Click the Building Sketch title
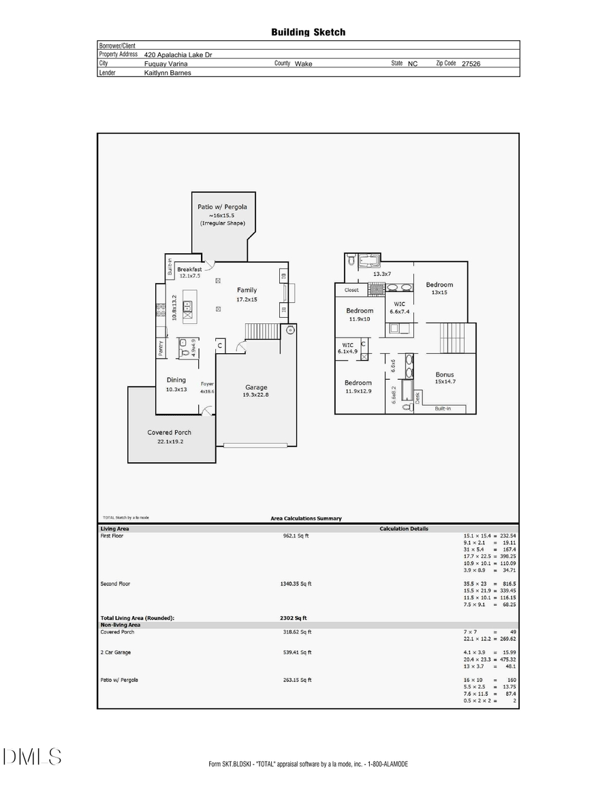308,32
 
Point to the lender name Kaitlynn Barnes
168,72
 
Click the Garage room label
256,387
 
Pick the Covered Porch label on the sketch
169,432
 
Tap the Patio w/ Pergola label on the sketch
222,206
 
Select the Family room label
247,290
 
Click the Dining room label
176,381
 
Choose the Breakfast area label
189,270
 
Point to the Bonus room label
444,374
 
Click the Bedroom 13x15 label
439,285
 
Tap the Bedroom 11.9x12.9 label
358,383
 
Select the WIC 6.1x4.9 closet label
346,345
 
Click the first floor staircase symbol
258,331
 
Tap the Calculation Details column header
405,528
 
